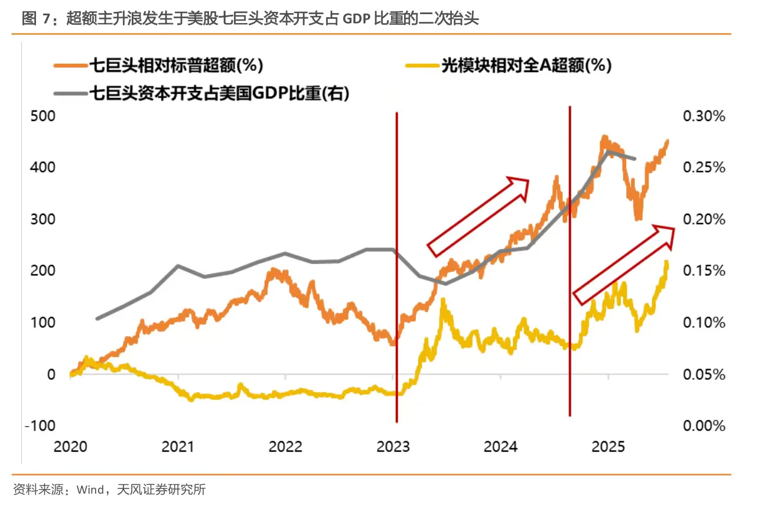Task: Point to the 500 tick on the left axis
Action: [x=42, y=116]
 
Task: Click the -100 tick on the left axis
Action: [x=38, y=426]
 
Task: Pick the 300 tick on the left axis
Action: [x=42, y=219]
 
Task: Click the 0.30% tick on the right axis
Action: [x=704, y=116]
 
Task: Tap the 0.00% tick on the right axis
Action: [x=704, y=426]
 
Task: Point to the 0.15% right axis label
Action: [x=704, y=271]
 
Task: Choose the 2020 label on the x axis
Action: [x=70, y=447]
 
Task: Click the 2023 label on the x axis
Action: [x=393, y=447]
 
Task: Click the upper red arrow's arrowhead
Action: [x=519, y=185]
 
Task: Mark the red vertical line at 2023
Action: [x=396, y=266]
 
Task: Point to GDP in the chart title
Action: [x=357, y=19]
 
